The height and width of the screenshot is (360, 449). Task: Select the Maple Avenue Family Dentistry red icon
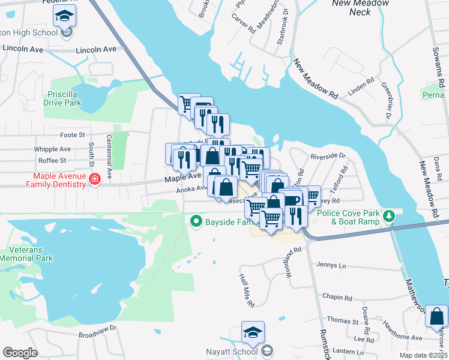94,179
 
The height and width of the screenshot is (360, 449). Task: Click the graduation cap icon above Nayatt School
253,332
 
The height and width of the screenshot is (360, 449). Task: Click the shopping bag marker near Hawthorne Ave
436,316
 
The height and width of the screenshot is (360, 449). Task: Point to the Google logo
20,353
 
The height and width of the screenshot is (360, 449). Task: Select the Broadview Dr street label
97,329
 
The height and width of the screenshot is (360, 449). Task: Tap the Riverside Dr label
328,156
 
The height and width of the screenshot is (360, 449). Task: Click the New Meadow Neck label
360,7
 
